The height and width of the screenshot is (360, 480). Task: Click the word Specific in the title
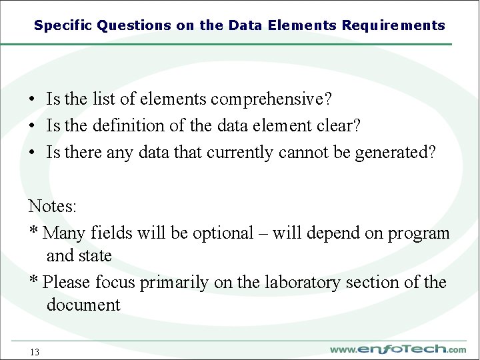(x=63, y=26)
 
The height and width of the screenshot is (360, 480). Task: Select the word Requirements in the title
(x=393, y=26)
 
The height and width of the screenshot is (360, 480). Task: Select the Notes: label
(x=53, y=207)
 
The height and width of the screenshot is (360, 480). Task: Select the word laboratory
(x=301, y=283)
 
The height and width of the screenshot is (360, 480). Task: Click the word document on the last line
(x=83, y=305)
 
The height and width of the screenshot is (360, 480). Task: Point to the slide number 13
(x=35, y=352)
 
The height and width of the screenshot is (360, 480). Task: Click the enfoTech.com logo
(x=398, y=349)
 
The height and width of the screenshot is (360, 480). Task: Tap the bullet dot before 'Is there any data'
(x=32, y=153)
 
